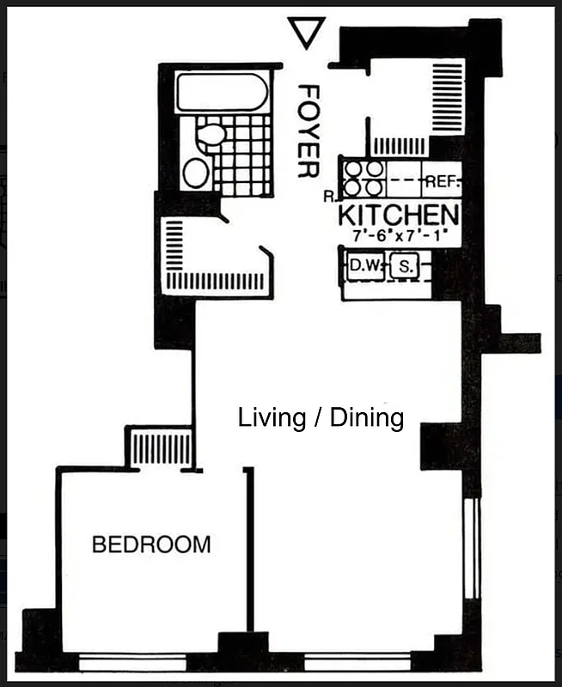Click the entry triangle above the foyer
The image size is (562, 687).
click(x=305, y=33)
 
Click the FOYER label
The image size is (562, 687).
click(x=307, y=131)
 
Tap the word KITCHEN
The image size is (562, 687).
click(x=397, y=215)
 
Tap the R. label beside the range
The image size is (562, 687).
click(x=329, y=197)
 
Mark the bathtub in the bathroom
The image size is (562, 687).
click(x=221, y=92)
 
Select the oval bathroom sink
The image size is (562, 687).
click(x=196, y=173)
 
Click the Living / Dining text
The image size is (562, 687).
click(x=321, y=418)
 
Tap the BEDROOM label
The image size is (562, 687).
click(x=151, y=544)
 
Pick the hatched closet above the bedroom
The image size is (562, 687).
click(x=160, y=447)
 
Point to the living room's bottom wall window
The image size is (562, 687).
click(x=356, y=662)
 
